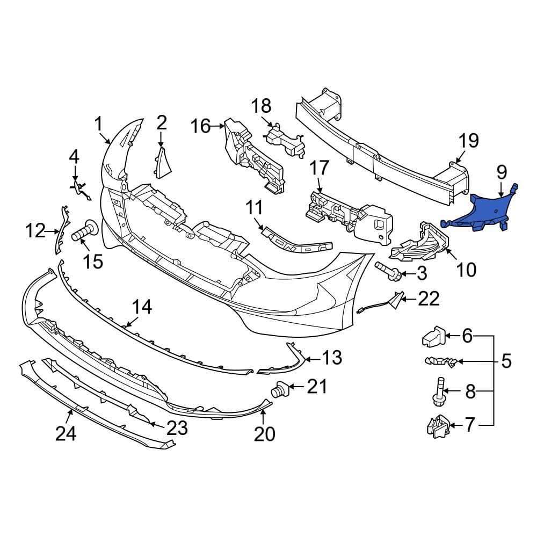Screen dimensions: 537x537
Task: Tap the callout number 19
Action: pyautogui.click(x=468, y=141)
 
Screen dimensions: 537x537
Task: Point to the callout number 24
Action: pyautogui.click(x=66, y=434)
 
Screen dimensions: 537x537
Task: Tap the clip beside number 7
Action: pyautogui.click(x=438, y=426)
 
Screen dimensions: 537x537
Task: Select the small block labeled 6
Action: pyautogui.click(x=433, y=336)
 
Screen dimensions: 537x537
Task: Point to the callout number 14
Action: pyautogui.click(x=142, y=307)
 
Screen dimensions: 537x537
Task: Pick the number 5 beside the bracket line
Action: pyautogui.click(x=506, y=361)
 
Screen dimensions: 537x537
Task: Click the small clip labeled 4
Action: pyautogui.click(x=81, y=190)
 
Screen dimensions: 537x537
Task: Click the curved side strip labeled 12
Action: pyautogui.click(x=62, y=230)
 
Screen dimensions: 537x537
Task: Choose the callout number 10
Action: pyautogui.click(x=466, y=270)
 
